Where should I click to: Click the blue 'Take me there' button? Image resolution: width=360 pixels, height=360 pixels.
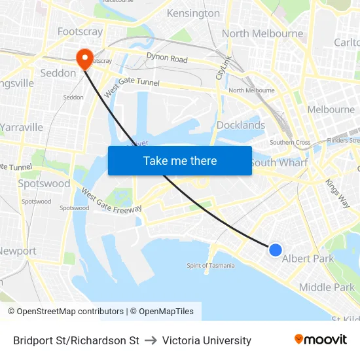point(179,160)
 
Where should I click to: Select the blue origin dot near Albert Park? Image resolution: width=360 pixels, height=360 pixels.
point(276,249)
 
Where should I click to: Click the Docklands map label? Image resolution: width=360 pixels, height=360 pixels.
point(241,125)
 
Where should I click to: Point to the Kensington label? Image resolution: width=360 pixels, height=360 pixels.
point(193,13)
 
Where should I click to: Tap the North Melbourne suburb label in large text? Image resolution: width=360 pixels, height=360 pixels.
point(262,33)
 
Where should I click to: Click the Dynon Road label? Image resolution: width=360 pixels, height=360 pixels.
point(167,59)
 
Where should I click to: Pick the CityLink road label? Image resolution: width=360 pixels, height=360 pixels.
point(224,67)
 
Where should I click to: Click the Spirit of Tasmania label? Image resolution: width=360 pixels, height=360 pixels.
point(211,265)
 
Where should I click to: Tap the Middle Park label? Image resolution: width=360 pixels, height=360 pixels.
point(327,287)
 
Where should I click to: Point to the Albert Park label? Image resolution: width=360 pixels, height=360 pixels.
point(308,259)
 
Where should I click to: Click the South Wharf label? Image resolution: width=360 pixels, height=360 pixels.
point(279,162)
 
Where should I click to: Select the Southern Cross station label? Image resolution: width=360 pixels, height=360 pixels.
point(290,143)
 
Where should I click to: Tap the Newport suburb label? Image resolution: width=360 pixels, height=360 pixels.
point(18,251)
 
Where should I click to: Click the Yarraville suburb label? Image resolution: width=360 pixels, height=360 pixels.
point(22,127)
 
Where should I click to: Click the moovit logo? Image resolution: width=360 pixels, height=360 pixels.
point(321,340)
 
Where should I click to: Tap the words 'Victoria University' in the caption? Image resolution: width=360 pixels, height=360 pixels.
point(207,340)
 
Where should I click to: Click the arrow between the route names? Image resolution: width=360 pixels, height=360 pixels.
point(151,340)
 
